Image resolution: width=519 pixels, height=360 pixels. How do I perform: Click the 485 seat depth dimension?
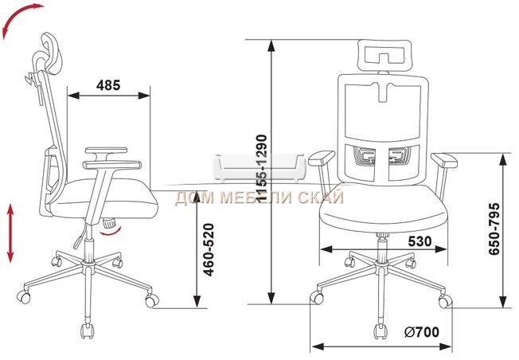click(108, 85)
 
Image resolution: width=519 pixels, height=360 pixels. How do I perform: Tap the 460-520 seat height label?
click(209, 250)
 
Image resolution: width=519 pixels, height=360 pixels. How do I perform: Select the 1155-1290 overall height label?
click(261, 168)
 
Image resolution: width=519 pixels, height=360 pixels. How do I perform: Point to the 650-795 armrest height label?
click(494, 229)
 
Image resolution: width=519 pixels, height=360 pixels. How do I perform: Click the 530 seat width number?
click(419, 241)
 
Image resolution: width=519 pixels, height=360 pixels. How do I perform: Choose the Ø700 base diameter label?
click(421, 331)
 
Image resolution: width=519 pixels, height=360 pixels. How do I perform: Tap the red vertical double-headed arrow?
click(10, 233)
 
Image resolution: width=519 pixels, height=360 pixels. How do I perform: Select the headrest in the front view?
click(384, 56)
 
